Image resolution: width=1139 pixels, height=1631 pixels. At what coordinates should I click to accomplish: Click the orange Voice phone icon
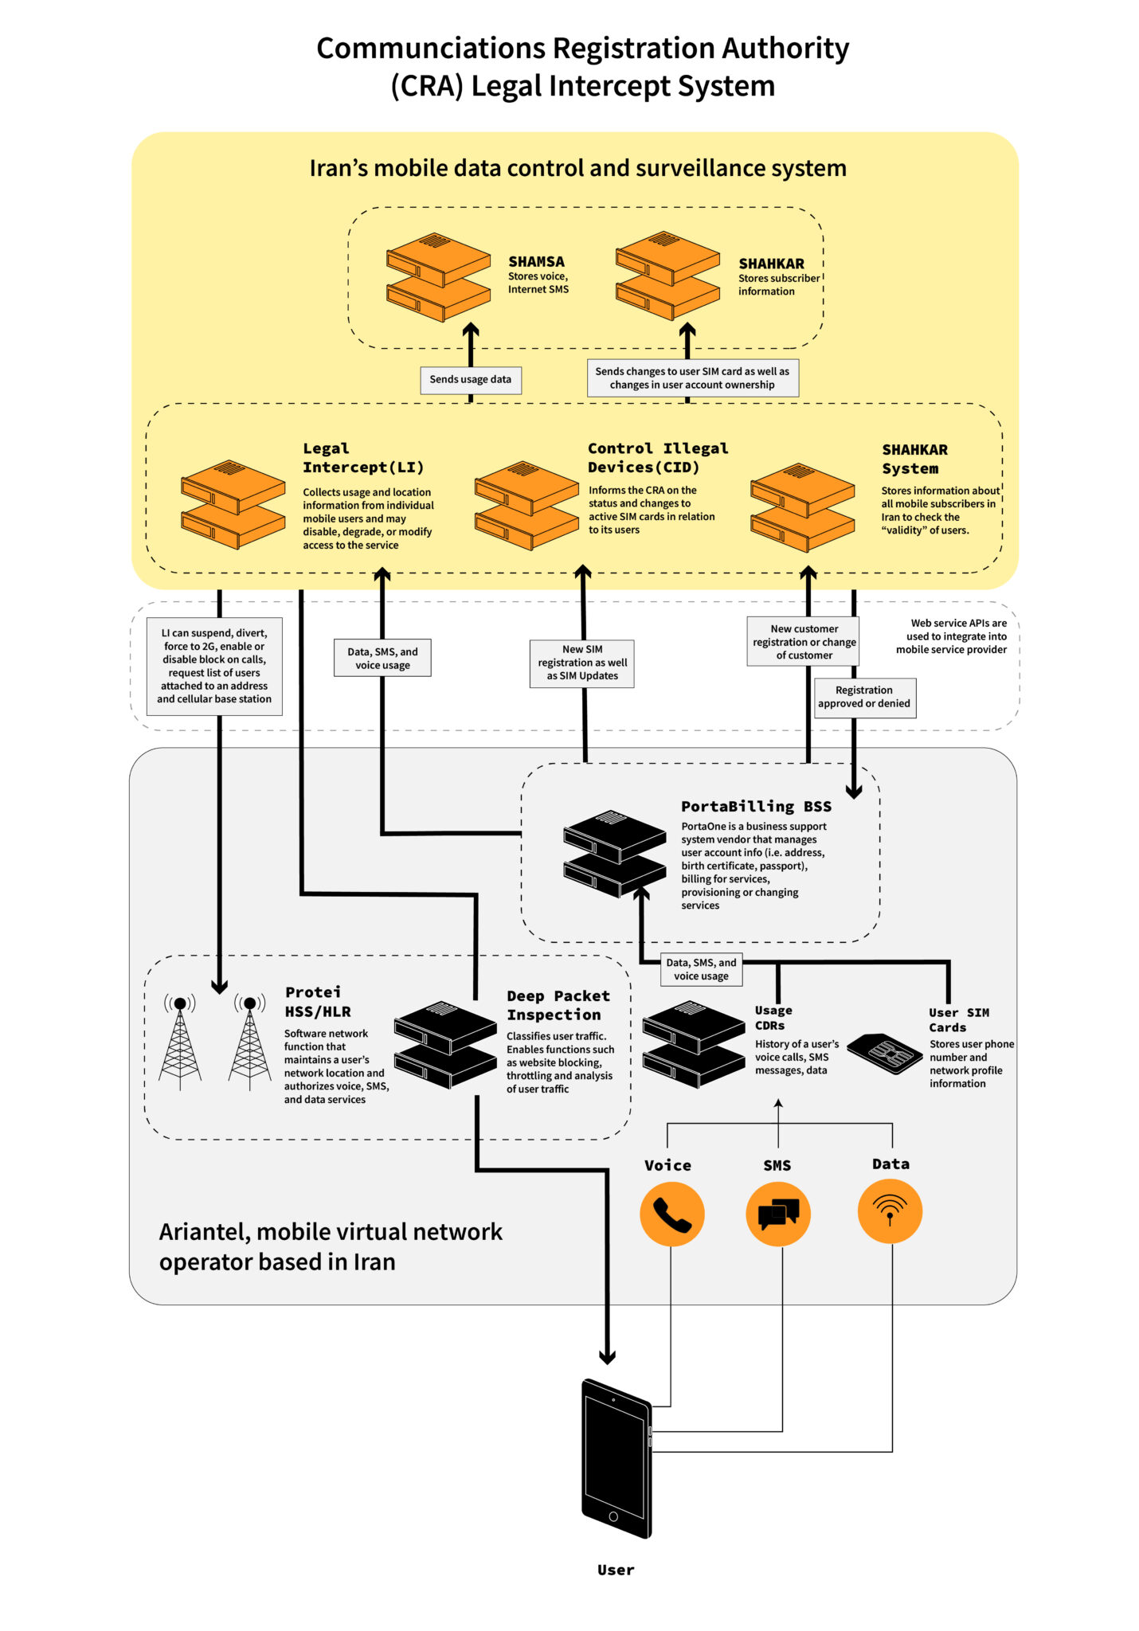(671, 1214)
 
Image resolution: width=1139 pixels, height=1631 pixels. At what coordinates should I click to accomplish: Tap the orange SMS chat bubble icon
(777, 1214)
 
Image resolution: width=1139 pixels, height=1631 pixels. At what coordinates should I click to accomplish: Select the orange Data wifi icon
(890, 1211)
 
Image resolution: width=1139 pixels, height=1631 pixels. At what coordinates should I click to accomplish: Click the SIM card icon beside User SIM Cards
(884, 1054)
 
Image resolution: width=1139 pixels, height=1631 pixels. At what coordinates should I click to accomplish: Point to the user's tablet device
(616, 1458)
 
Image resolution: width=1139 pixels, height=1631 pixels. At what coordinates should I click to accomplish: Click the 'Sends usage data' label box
(470, 380)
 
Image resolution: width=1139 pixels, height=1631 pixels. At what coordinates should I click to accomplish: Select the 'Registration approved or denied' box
(864, 697)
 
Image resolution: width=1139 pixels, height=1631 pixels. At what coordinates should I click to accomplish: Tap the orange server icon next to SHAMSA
(437, 276)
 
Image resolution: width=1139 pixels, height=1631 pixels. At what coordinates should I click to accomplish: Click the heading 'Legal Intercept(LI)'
(362, 458)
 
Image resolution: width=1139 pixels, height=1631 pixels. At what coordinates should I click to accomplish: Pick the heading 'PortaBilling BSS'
(756, 806)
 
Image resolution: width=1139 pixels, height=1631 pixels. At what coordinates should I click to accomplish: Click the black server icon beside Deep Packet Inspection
(445, 1044)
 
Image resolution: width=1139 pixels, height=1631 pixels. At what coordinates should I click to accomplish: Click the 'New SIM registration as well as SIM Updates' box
(582, 663)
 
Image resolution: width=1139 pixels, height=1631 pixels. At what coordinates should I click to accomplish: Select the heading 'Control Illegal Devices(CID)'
(657, 458)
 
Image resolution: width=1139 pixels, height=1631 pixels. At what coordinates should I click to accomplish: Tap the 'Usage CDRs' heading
(773, 1017)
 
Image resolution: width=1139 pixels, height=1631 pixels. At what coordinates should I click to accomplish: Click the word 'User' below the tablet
(616, 1570)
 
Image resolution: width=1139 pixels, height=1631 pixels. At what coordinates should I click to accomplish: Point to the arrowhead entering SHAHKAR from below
(687, 329)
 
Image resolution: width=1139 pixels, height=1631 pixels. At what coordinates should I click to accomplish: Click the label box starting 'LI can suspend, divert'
(213, 666)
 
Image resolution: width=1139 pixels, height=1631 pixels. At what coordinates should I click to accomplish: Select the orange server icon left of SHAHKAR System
(802, 507)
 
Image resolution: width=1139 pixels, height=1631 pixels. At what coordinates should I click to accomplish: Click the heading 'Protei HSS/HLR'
(317, 1001)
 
